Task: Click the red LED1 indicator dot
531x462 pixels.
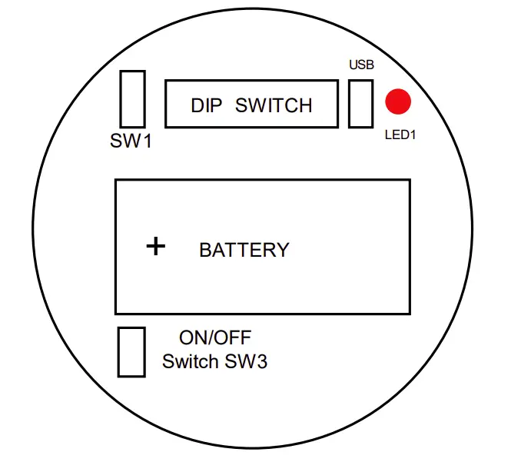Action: pyautogui.click(x=398, y=101)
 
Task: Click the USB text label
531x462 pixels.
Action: pyautogui.click(x=361, y=65)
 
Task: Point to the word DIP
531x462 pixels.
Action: pyautogui.click(x=206, y=105)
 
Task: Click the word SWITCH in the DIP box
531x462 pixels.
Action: pyautogui.click(x=274, y=105)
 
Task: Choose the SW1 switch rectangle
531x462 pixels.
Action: pyautogui.click(x=133, y=99)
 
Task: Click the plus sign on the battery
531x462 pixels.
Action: pyautogui.click(x=156, y=246)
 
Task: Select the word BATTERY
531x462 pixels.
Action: pyautogui.click(x=244, y=250)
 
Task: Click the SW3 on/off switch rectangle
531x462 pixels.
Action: pyautogui.click(x=131, y=352)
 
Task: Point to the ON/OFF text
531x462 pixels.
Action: pyautogui.click(x=215, y=337)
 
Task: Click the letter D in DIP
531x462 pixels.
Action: pyautogui.click(x=197, y=105)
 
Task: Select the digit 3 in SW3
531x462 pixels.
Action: pyautogui.click(x=261, y=361)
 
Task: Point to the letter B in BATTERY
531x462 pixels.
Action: pyautogui.click(x=205, y=250)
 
